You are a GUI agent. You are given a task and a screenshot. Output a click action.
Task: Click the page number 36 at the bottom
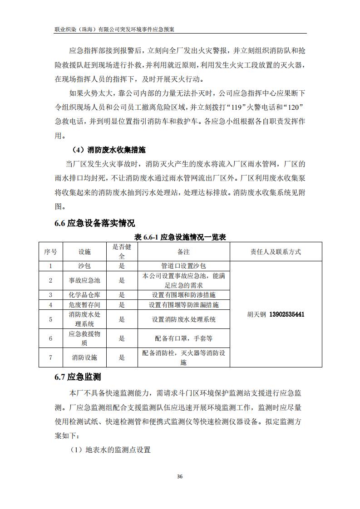pos(180,477)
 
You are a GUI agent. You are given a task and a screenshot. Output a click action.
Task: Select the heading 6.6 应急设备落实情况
pos(95,223)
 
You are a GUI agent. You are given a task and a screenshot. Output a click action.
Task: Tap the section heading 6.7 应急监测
pos(78,377)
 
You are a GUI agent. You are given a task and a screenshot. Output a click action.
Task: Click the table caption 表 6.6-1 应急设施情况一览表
pos(180,237)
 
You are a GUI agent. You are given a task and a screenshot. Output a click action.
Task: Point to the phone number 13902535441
pos(287,314)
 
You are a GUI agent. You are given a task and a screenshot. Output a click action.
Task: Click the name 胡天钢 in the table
pos(257,314)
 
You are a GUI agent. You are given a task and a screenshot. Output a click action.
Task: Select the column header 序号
pos(50,252)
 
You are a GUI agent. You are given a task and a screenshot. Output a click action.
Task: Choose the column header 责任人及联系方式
pos(276,252)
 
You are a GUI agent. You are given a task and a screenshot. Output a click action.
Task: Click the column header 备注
pos(183,252)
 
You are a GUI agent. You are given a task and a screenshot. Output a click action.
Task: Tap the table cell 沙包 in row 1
pos(84,266)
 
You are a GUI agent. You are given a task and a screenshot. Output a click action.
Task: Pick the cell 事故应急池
pos(84,280)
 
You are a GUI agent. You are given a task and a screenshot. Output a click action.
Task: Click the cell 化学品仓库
pos(84,295)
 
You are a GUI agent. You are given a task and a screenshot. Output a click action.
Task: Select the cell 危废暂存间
pos(84,305)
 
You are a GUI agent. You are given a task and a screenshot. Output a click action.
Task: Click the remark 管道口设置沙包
pos(183,266)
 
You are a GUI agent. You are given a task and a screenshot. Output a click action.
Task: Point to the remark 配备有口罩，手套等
pos(183,338)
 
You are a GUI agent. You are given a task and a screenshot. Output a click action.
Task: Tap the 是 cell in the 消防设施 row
pos(122,357)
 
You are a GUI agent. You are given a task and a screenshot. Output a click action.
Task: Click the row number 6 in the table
pos(50,338)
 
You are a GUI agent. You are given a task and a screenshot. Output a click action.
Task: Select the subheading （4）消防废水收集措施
pos(109,149)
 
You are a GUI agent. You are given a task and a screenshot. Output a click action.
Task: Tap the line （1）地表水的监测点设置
pos(110,450)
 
